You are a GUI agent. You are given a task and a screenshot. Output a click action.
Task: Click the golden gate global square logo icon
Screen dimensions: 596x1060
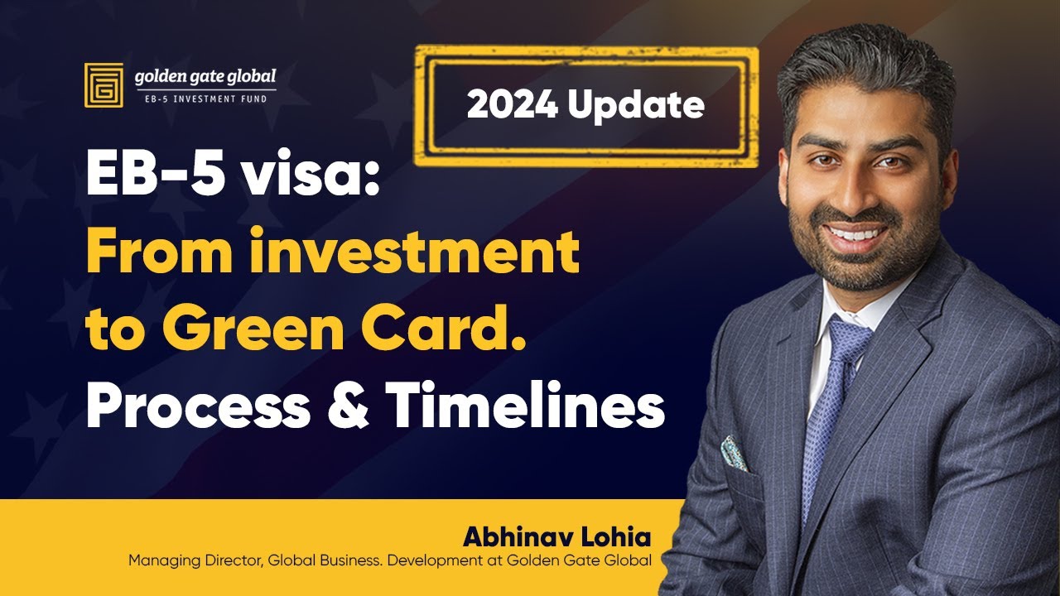pyautogui.click(x=104, y=84)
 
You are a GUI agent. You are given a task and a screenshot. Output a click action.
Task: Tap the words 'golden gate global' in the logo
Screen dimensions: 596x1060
pyautogui.click(x=205, y=78)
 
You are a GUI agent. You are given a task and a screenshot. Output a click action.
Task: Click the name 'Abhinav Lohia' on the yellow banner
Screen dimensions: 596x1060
pyautogui.click(x=556, y=536)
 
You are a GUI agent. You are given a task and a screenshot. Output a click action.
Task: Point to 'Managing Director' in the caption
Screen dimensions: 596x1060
pyautogui.click(x=181, y=561)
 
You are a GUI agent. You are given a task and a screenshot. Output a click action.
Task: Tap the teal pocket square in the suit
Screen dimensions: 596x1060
pyautogui.click(x=735, y=454)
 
